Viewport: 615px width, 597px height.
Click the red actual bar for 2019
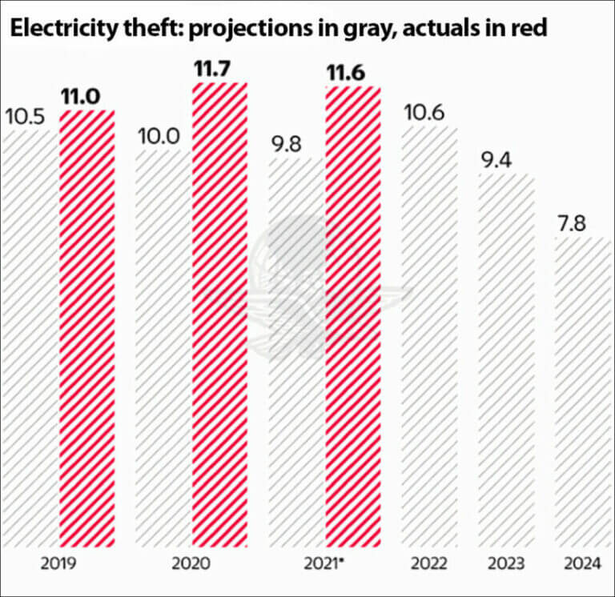point(87,328)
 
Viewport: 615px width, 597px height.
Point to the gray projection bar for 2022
point(428,336)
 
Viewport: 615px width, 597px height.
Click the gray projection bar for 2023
point(505,360)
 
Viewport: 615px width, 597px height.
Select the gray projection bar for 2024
point(582,392)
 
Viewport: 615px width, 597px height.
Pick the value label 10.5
point(26,117)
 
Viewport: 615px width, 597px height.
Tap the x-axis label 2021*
point(324,564)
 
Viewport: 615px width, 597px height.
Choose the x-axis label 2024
point(582,564)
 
